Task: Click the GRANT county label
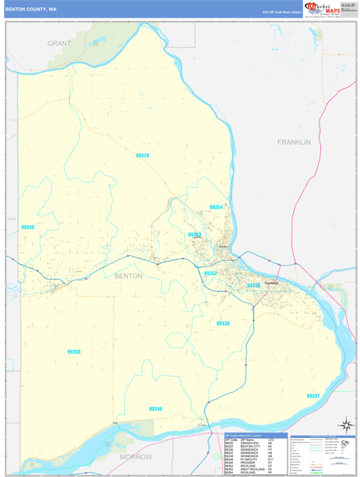(x=59, y=43)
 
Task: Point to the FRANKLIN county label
(x=293, y=142)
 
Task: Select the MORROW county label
(x=135, y=457)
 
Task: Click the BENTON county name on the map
(x=129, y=276)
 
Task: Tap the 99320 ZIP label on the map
(x=142, y=155)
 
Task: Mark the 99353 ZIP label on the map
(x=195, y=235)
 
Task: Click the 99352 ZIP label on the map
(x=211, y=273)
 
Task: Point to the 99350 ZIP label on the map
(x=74, y=351)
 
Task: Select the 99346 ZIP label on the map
(x=155, y=409)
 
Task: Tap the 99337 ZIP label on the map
(x=313, y=395)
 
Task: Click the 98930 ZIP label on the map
(x=28, y=227)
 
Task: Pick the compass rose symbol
(x=346, y=425)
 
